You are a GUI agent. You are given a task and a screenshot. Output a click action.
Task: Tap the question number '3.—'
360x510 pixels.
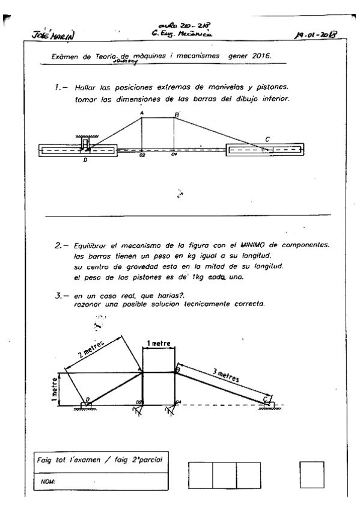pyautogui.click(x=61, y=292)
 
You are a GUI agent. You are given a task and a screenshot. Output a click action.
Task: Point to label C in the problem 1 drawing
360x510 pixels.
pyautogui.click(x=267, y=139)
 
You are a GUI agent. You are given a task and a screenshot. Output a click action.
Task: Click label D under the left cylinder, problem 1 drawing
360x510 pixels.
pyautogui.click(x=85, y=161)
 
